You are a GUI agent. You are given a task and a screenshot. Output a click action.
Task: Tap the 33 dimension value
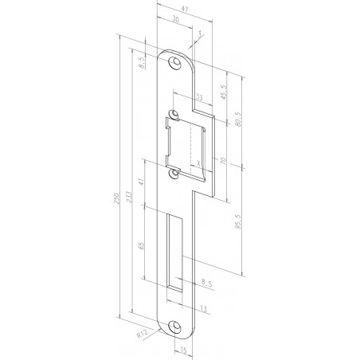coord(198,97)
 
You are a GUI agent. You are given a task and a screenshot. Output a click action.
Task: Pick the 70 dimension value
coord(223,162)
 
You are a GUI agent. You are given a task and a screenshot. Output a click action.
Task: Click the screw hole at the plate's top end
coord(174,61)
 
